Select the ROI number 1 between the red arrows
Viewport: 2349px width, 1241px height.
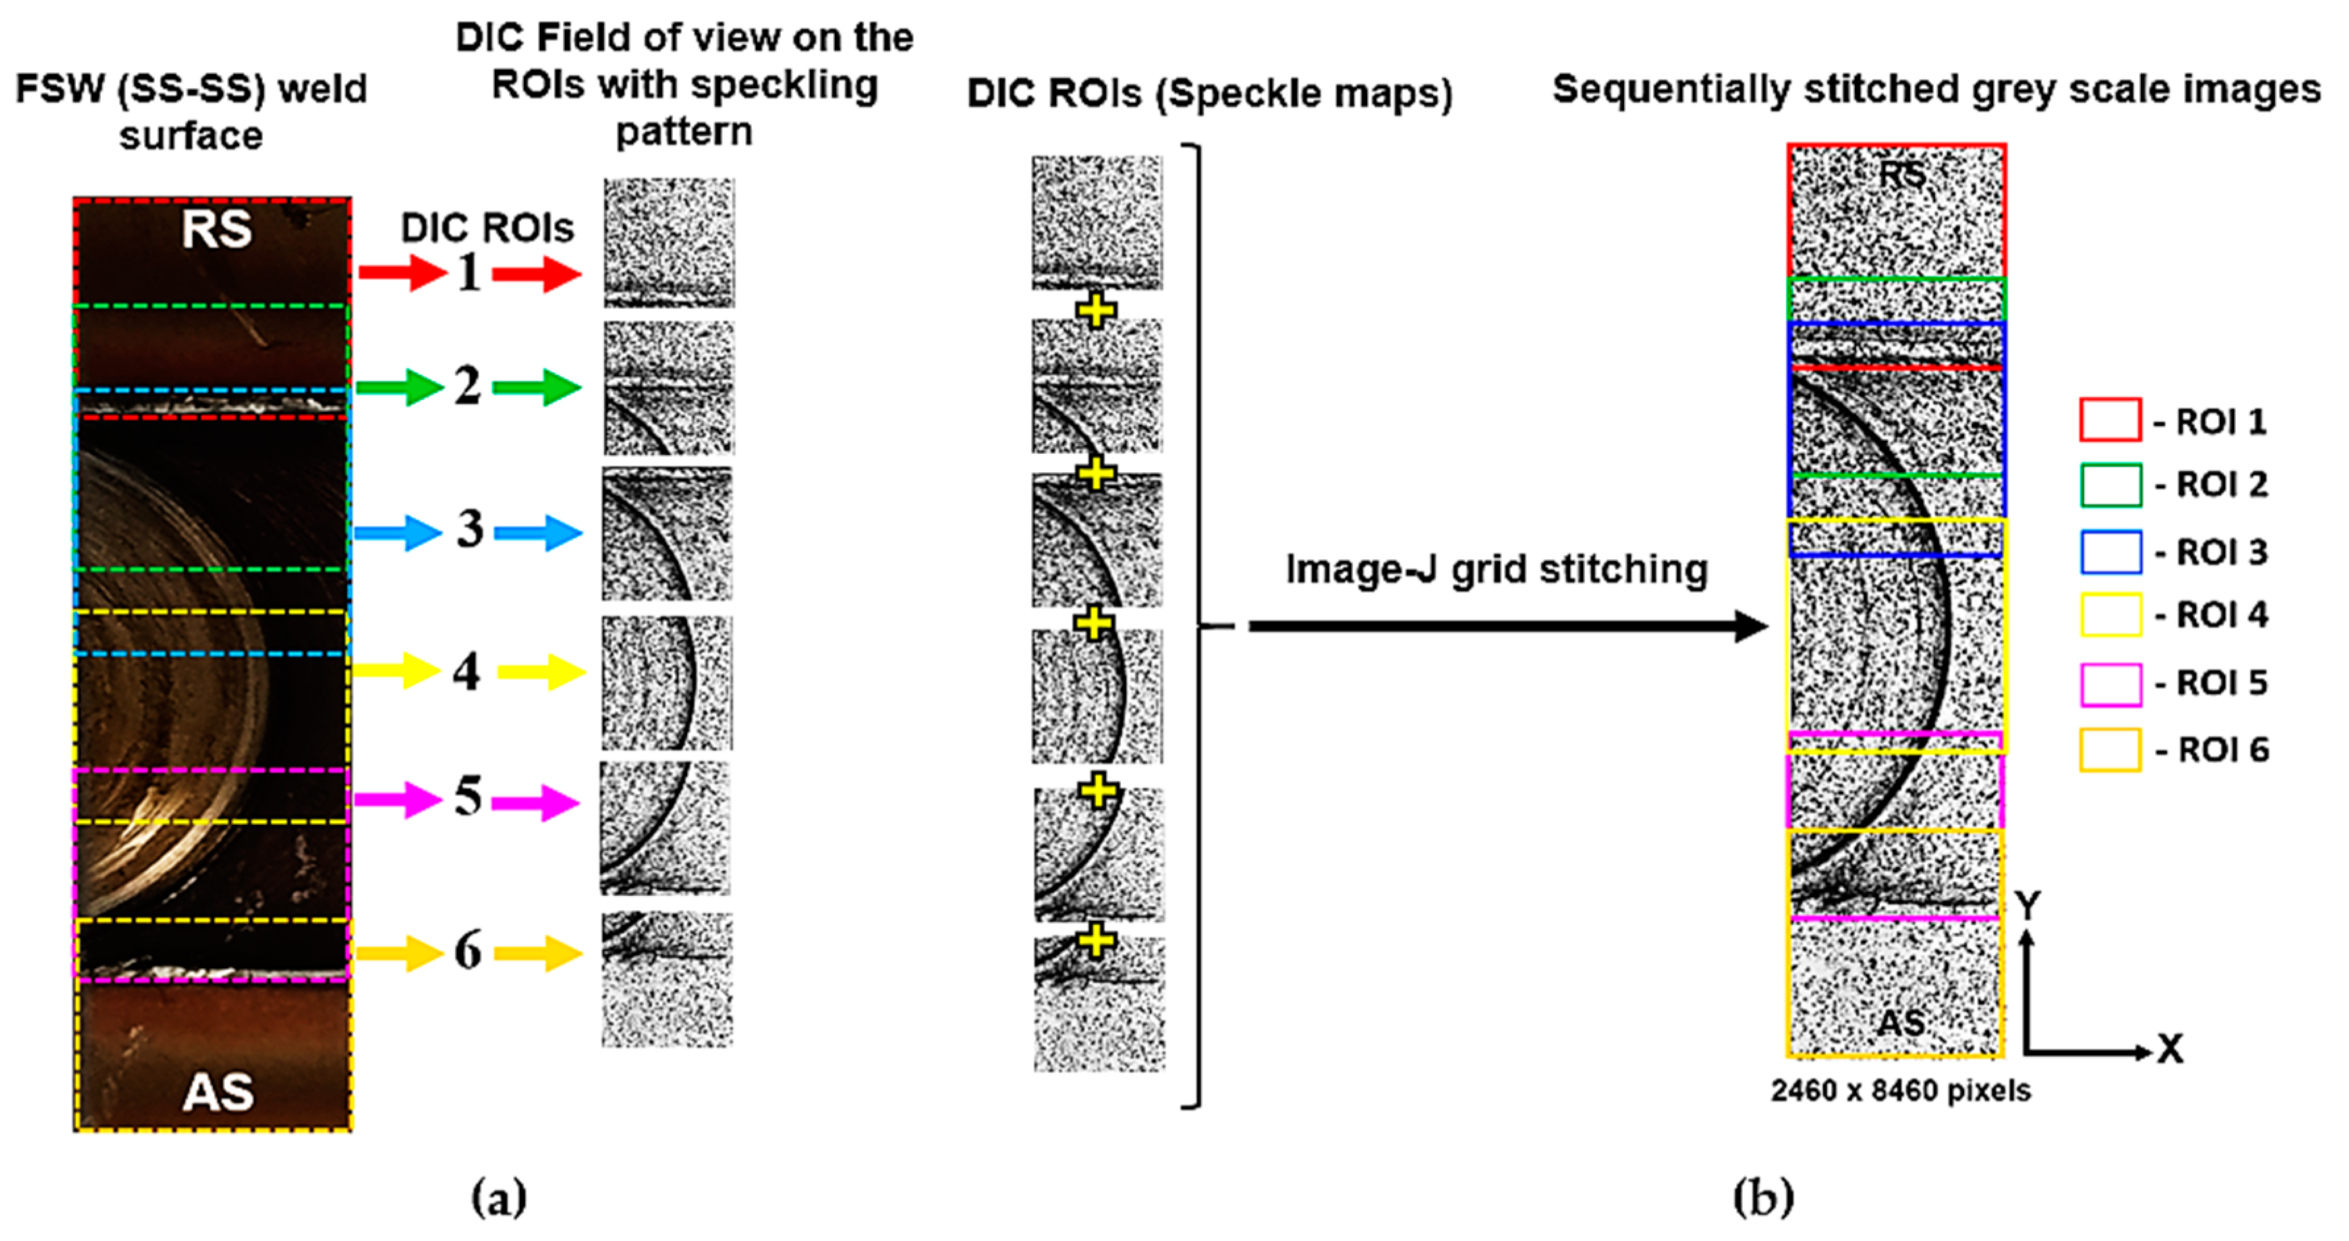[x=468, y=272]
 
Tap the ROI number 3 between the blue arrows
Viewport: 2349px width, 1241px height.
[x=470, y=529]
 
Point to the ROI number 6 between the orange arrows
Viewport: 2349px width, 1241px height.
[x=468, y=951]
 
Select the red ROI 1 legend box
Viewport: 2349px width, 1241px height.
[x=2109, y=420]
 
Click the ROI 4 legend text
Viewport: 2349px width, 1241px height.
[x=2221, y=615]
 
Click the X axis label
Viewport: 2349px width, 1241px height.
[x=2170, y=1049]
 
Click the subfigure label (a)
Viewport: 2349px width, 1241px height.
[x=499, y=1196]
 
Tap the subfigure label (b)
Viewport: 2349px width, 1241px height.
[x=1763, y=1196]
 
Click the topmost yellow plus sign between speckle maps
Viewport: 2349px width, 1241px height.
[x=1096, y=311]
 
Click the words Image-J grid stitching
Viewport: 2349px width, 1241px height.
[x=1496, y=569]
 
